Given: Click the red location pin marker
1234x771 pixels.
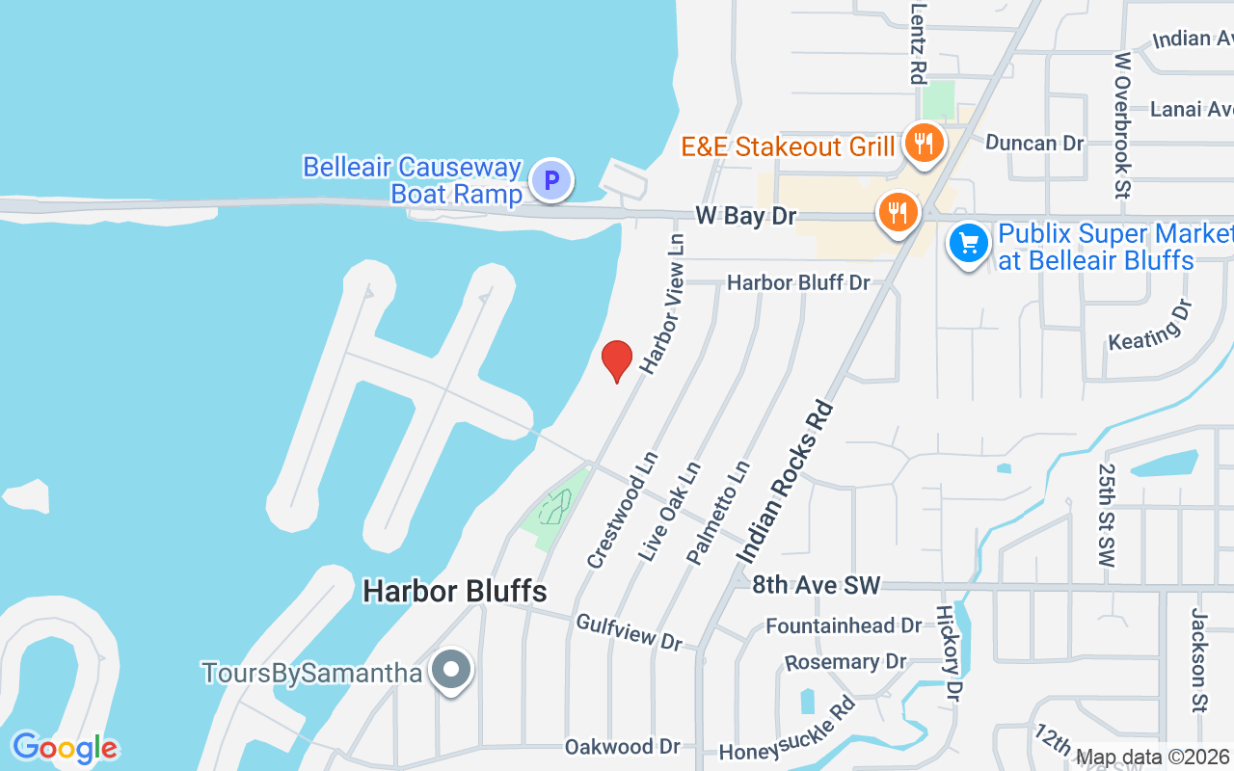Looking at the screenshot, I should (617, 359).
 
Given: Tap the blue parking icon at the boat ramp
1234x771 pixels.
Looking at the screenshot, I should (551, 180).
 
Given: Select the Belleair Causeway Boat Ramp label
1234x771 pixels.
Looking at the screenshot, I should (413, 180).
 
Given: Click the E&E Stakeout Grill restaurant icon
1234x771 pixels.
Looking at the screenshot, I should (924, 145).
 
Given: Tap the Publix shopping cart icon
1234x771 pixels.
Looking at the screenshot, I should (969, 245).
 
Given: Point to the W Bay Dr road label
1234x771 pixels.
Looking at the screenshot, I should (745, 216).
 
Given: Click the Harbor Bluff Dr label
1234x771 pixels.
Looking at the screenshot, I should (798, 282).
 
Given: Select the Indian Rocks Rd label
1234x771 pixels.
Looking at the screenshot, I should (786, 481).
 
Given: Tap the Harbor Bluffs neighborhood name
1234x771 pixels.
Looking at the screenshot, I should (455, 591).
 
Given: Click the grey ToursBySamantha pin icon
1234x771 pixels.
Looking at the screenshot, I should (450, 670).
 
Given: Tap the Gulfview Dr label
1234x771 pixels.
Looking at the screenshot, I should (629, 631).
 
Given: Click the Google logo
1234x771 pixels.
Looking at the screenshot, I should (65, 748).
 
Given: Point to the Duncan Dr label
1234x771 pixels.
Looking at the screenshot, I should (1034, 143).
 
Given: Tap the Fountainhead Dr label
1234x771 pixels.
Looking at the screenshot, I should (844, 625).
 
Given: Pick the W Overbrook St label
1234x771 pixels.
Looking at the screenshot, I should (1122, 125).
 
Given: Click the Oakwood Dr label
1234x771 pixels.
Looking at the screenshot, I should (623, 746).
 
